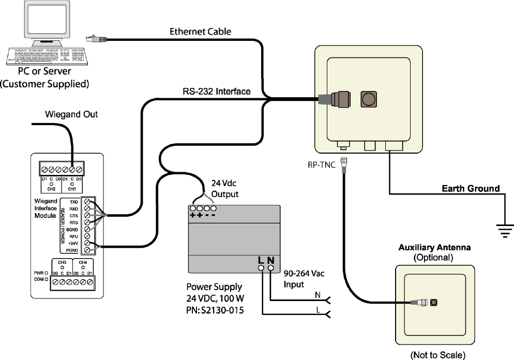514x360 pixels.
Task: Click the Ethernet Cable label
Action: click(201, 32)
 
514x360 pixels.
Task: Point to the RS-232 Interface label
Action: click(217, 92)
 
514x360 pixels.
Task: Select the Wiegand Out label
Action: click(71, 114)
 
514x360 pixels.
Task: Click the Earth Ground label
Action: click(471, 188)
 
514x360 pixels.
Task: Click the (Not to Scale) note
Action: click(438, 355)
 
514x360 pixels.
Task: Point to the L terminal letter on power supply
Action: click(262, 260)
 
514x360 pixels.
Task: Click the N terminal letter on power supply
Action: click(270, 260)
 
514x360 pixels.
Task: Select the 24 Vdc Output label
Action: click(225, 189)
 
